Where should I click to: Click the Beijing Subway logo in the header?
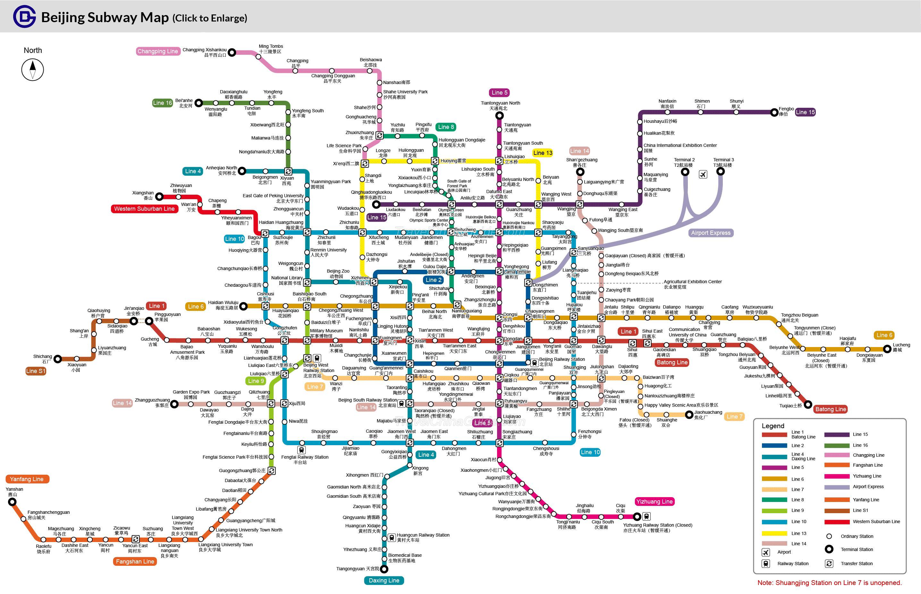coord(24,17)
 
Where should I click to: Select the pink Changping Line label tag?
coord(158,51)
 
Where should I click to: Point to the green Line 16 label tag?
coord(162,103)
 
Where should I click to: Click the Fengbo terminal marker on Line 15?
coord(774,113)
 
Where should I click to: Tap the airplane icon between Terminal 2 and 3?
coord(703,174)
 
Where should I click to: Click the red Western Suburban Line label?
coord(144,209)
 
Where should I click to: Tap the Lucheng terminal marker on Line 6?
coord(887,350)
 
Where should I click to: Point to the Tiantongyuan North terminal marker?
coord(499,115)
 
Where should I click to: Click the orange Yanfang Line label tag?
coord(27,479)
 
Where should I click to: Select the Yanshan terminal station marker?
coord(12,502)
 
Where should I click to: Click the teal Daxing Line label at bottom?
coord(384,581)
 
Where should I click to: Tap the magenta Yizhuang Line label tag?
coord(654,501)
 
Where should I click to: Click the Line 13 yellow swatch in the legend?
coord(774,533)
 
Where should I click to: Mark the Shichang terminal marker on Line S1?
coord(57,359)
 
